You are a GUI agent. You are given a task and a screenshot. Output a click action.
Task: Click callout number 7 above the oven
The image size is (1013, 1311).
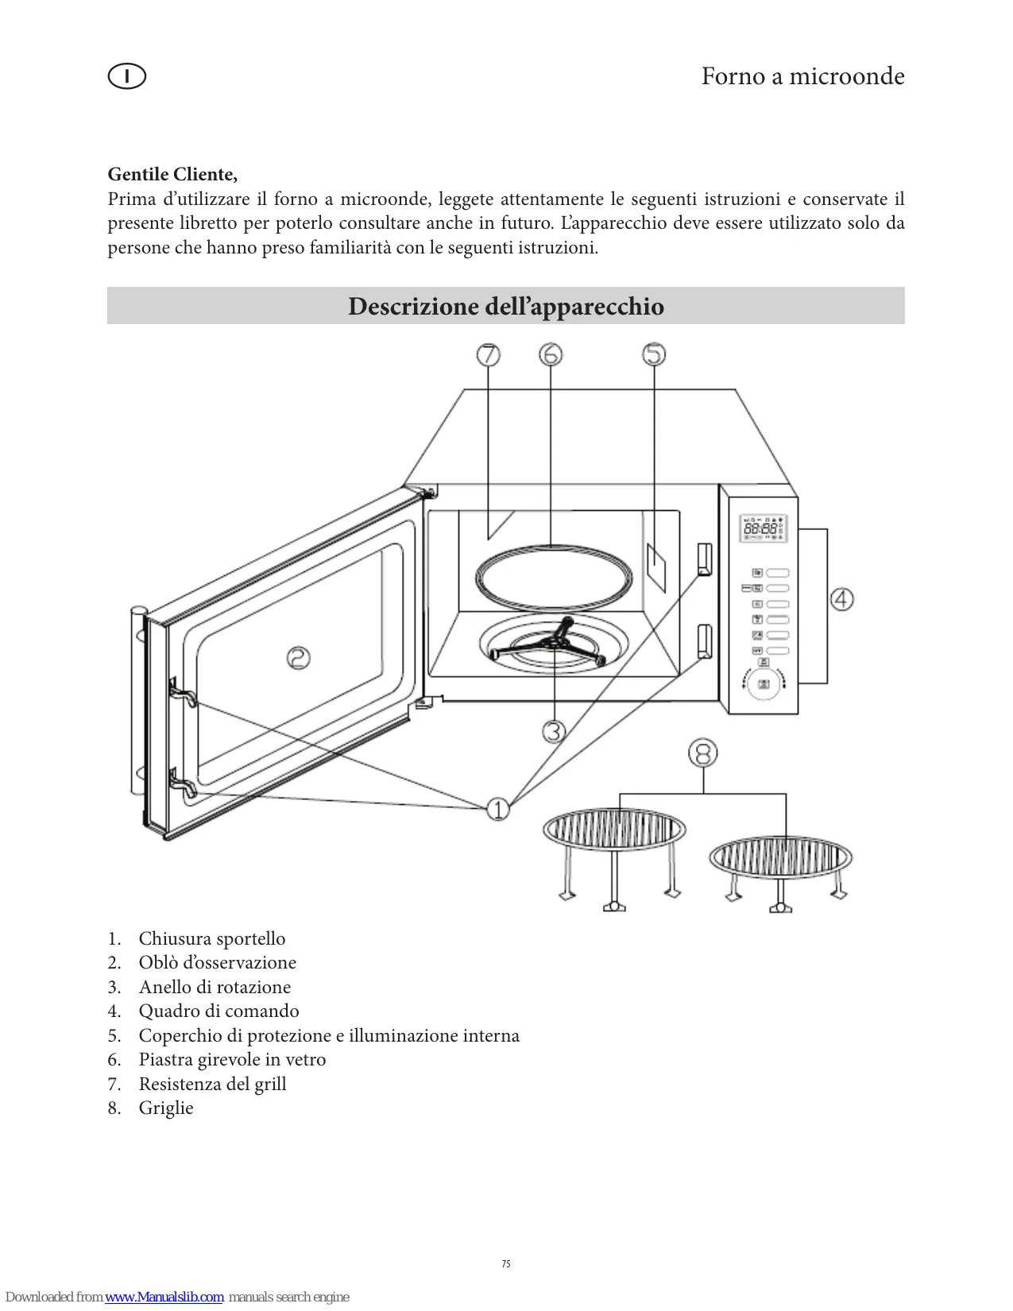(489, 354)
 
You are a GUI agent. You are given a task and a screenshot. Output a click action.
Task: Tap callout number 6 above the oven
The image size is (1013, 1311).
(551, 354)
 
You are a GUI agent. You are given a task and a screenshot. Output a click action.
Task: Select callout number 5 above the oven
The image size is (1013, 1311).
(654, 354)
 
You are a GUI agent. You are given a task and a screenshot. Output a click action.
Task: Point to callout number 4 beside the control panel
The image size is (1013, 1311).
(842, 598)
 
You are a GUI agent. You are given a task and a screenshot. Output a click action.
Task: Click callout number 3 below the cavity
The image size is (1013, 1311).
(554, 731)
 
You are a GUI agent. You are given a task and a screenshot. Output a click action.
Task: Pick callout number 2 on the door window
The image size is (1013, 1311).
(299, 657)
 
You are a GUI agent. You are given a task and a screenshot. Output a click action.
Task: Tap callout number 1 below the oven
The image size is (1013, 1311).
(498, 810)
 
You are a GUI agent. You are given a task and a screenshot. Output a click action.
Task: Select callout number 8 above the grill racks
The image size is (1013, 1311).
(703, 752)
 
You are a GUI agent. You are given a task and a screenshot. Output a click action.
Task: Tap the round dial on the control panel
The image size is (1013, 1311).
(764, 684)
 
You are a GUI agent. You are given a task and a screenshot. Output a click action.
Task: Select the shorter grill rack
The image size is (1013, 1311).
(780, 870)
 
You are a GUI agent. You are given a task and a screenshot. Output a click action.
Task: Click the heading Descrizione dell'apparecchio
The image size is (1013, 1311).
(506, 306)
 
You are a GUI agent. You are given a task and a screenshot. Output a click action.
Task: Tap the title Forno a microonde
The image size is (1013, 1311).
(802, 76)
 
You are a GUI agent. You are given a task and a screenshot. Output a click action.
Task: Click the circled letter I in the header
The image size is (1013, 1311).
(126, 76)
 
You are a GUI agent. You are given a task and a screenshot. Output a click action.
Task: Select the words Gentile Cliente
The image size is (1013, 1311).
(172, 174)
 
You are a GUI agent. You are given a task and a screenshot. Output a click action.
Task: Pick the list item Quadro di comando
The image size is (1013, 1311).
(218, 1011)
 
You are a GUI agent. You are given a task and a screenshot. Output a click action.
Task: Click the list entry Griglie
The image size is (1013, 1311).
(166, 1108)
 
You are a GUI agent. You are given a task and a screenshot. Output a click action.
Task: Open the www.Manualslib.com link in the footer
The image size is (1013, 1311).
(164, 1297)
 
